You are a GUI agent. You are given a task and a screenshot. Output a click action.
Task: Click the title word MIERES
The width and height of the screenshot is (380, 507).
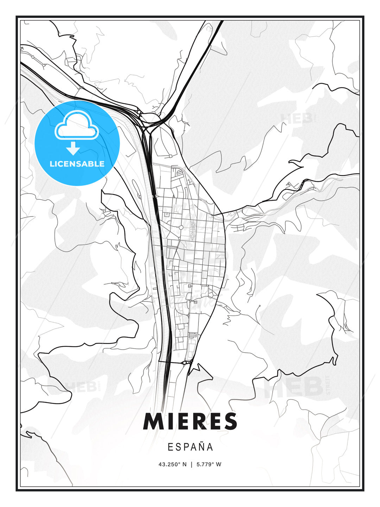(x=190, y=421)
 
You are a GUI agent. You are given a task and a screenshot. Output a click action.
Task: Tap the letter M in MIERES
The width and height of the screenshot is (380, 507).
(x=153, y=421)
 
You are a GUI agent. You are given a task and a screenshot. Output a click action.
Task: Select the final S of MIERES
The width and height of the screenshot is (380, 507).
(x=230, y=421)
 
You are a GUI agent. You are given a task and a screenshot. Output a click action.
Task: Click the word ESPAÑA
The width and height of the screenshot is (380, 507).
(x=190, y=447)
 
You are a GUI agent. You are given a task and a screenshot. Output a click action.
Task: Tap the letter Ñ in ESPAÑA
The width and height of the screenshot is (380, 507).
(x=202, y=447)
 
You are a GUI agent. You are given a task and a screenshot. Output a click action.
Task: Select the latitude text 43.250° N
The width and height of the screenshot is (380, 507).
(x=172, y=464)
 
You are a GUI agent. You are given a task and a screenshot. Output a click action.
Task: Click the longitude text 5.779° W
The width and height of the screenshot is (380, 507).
(x=209, y=464)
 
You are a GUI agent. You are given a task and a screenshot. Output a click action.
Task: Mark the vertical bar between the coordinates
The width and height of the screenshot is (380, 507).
(x=191, y=464)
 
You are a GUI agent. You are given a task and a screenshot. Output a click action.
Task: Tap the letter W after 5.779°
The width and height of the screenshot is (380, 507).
(x=218, y=464)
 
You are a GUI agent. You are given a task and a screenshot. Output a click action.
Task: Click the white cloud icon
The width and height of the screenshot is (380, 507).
(x=76, y=126)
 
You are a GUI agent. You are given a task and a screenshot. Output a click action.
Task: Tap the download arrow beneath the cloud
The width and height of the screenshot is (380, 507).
(x=73, y=149)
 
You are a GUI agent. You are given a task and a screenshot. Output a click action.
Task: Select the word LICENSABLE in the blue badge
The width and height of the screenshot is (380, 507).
(x=77, y=164)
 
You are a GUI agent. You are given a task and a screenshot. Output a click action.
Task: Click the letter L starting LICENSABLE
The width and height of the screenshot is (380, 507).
(x=52, y=164)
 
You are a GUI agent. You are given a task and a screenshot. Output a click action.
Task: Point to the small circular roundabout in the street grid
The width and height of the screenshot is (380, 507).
(x=181, y=227)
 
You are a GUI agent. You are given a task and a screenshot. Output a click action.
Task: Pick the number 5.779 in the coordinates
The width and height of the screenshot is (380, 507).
(x=203, y=464)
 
